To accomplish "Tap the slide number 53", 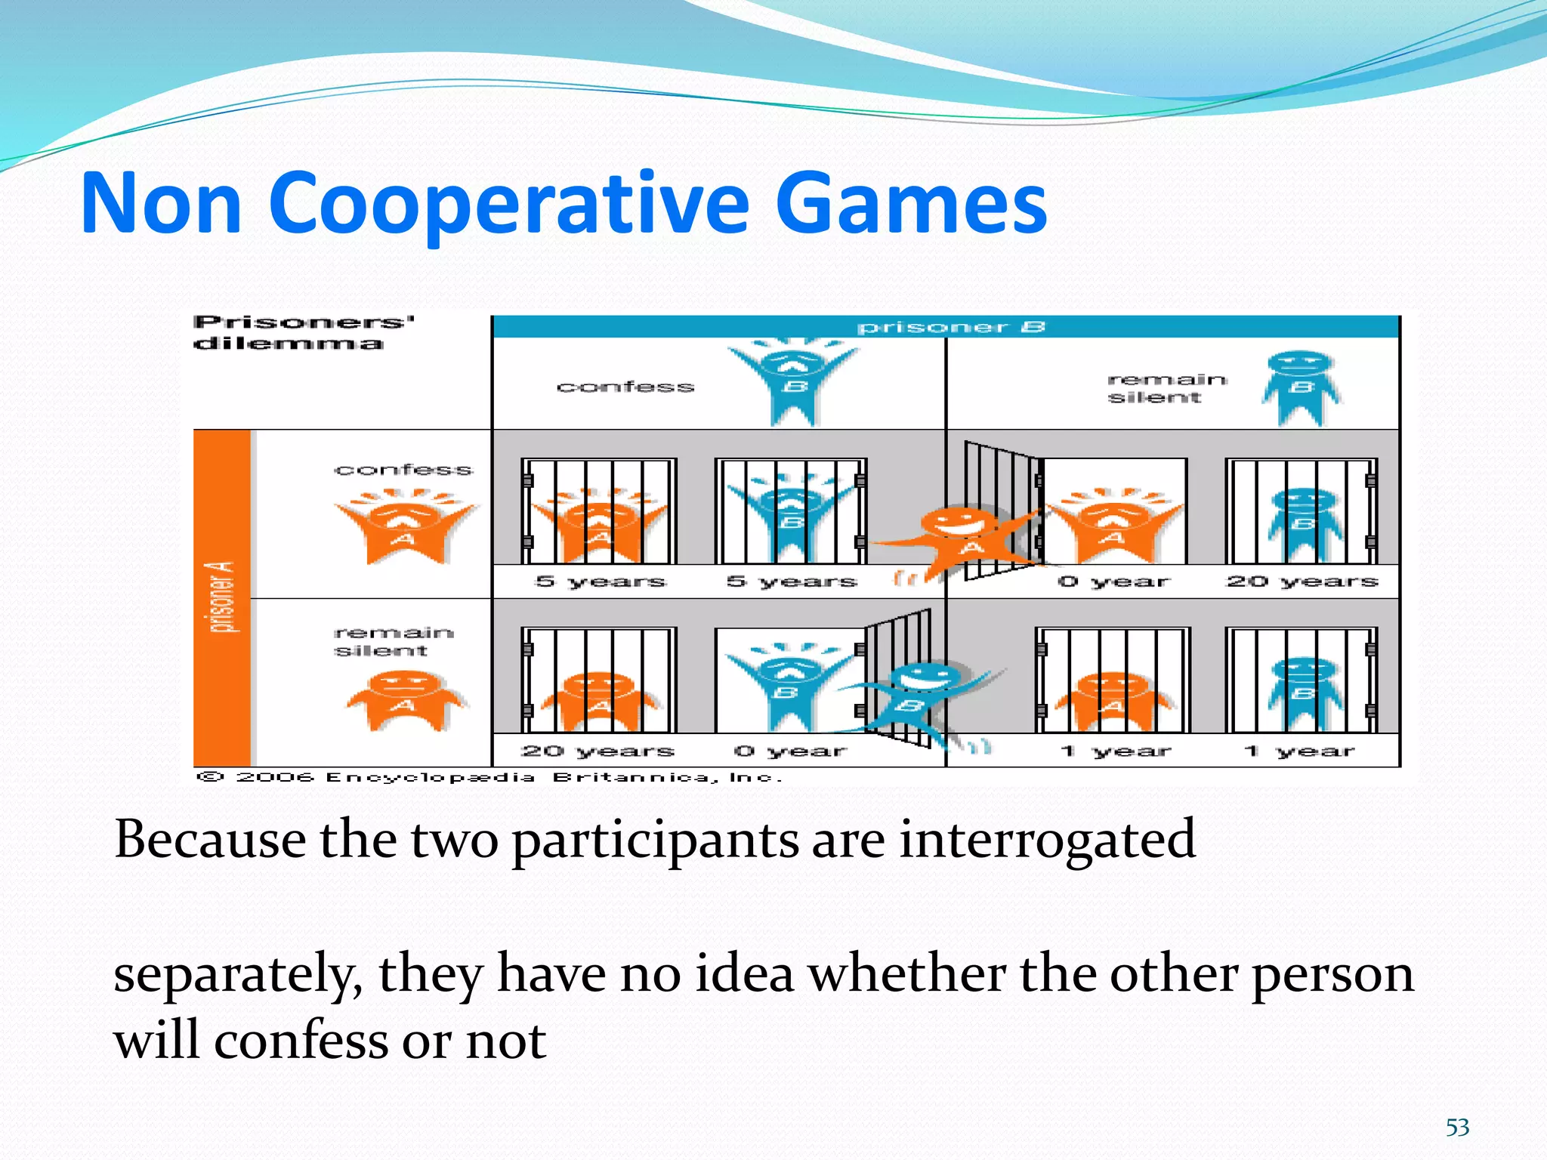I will (x=1457, y=1128).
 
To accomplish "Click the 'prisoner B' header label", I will (x=950, y=327).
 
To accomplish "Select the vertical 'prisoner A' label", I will (x=222, y=597).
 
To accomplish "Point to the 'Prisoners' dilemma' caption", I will (x=302, y=332).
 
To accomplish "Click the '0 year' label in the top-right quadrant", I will (x=1113, y=582).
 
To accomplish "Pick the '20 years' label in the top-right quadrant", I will (x=1302, y=582).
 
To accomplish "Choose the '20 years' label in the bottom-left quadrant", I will (x=597, y=751).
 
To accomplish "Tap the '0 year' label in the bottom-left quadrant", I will (x=790, y=751).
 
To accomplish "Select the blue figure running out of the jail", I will (x=918, y=699).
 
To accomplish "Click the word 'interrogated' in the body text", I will (x=1047, y=840).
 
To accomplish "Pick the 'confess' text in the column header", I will (x=625, y=387).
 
